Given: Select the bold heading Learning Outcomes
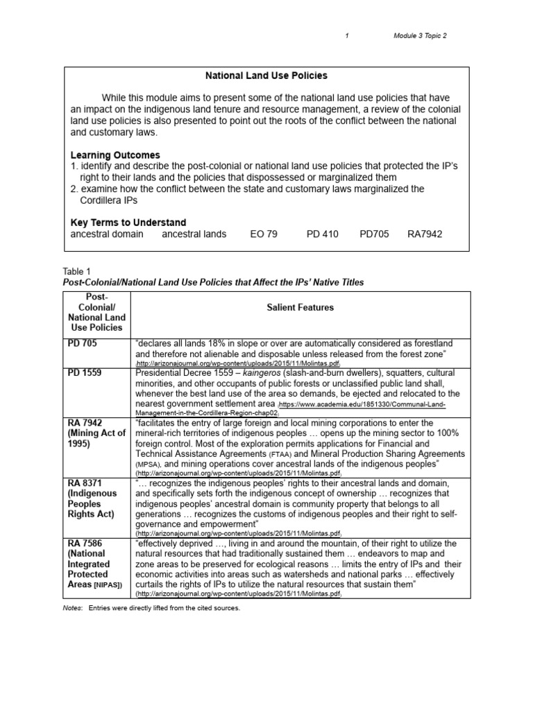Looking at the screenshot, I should [x=115, y=155].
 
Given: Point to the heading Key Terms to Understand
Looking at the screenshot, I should [x=128, y=223].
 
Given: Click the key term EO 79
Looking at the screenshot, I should [x=263, y=234].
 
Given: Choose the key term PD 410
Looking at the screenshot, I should [x=322, y=234].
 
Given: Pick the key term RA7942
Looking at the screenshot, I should [x=425, y=234].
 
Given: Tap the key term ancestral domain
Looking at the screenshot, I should [x=107, y=234].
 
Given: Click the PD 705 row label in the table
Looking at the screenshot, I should [x=82, y=343].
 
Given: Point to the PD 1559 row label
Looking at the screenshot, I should [x=85, y=373].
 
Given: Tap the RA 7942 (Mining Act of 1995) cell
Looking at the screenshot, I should [x=96, y=433].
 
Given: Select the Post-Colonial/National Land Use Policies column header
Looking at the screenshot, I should [x=96, y=311].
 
